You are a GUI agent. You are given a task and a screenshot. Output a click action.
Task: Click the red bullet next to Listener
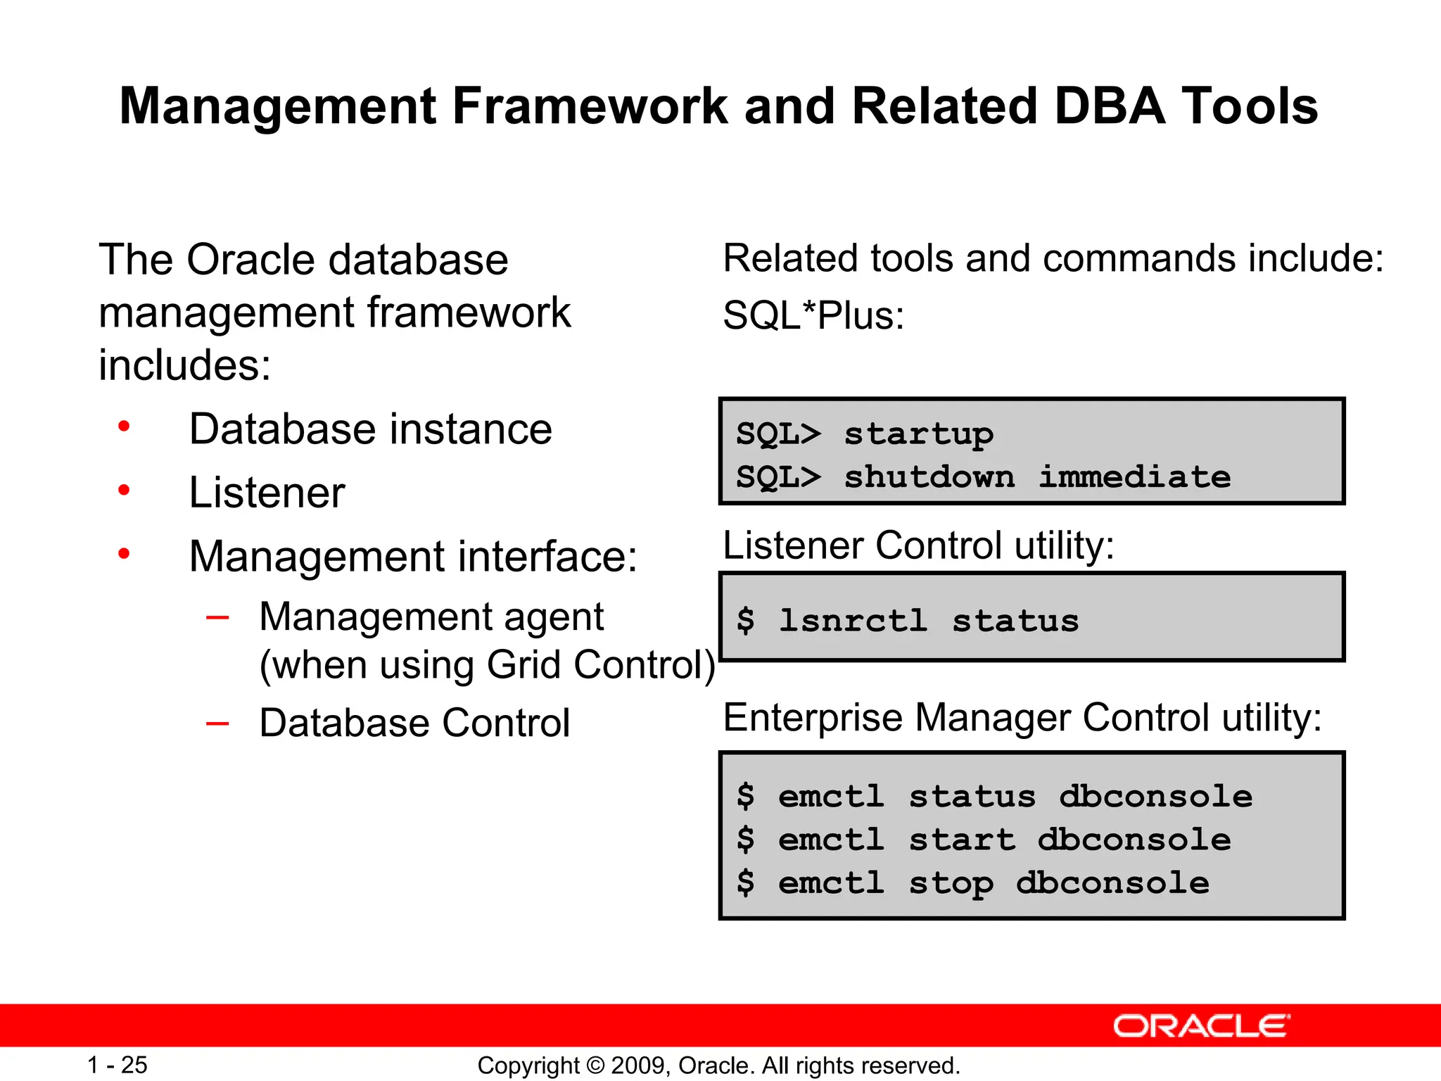(x=125, y=490)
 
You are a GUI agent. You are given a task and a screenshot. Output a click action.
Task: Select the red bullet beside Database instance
(x=125, y=426)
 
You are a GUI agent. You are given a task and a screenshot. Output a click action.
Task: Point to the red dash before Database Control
(x=217, y=723)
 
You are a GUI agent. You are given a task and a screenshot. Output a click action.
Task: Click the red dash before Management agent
(x=217, y=617)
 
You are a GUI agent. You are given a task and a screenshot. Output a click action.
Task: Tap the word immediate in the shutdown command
(x=1134, y=478)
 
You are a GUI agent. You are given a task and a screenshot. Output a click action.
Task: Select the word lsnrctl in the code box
(x=853, y=621)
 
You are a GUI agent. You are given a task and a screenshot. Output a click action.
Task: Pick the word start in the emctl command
(x=962, y=840)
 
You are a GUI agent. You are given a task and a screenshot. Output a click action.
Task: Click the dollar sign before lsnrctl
(x=745, y=621)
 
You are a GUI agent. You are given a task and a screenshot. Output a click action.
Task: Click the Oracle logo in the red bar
(x=1201, y=1026)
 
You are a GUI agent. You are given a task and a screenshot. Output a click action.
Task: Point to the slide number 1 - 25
(x=117, y=1065)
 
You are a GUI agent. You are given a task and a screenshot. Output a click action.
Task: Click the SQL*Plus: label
(x=813, y=315)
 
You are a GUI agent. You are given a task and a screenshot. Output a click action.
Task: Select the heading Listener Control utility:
(x=918, y=545)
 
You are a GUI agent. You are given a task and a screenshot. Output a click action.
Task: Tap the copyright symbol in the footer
(x=595, y=1066)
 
